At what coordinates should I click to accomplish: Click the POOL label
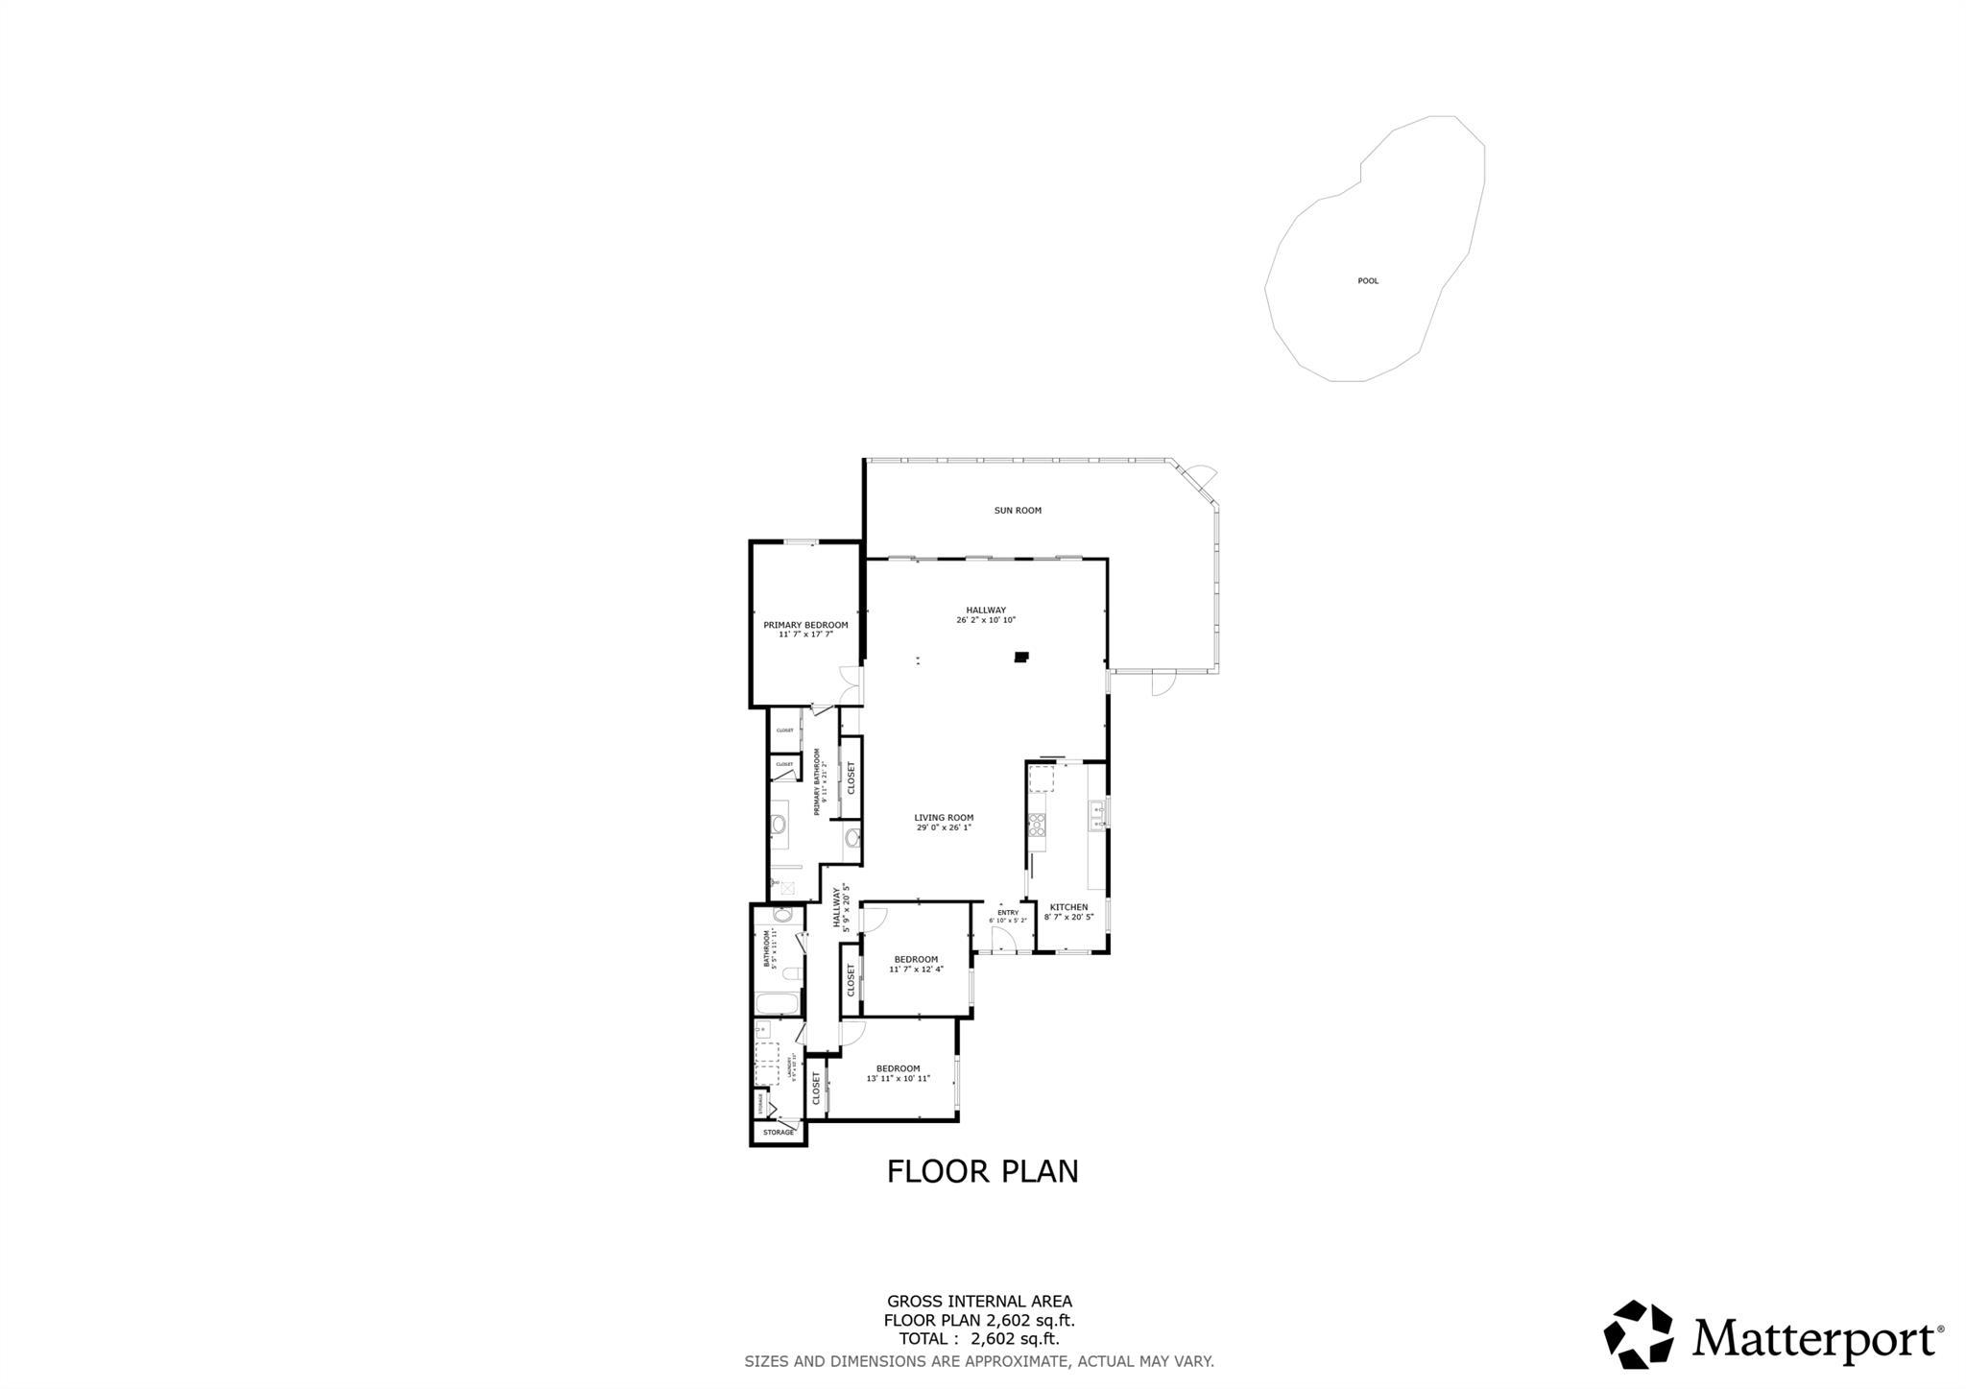pyautogui.click(x=1367, y=281)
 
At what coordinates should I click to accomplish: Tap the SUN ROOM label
pyautogui.click(x=1017, y=511)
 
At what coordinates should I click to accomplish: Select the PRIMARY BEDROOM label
pyautogui.click(x=805, y=625)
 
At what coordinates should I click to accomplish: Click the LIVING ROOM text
pyautogui.click(x=944, y=818)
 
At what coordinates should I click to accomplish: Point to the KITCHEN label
pyautogui.click(x=1068, y=907)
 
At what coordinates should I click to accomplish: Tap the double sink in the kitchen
pyautogui.click(x=1097, y=816)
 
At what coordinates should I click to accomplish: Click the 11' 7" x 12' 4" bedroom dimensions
pyautogui.click(x=916, y=970)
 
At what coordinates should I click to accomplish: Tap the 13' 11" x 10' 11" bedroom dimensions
pyautogui.click(x=898, y=1078)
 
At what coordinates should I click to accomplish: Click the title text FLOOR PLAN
pyautogui.click(x=982, y=1172)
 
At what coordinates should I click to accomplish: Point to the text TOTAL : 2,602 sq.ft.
pyautogui.click(x=978, y=1339)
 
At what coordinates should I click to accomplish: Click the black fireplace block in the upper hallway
pyautogui.click(x=1022, y=658)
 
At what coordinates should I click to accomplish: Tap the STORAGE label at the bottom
pyautogui.click(x=778, y=1133)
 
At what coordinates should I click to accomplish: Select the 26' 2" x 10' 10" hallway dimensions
pyautogui.click(x=985, y=620)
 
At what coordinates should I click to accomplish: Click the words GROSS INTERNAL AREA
pyautogui.click(x=978, y=1302)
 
